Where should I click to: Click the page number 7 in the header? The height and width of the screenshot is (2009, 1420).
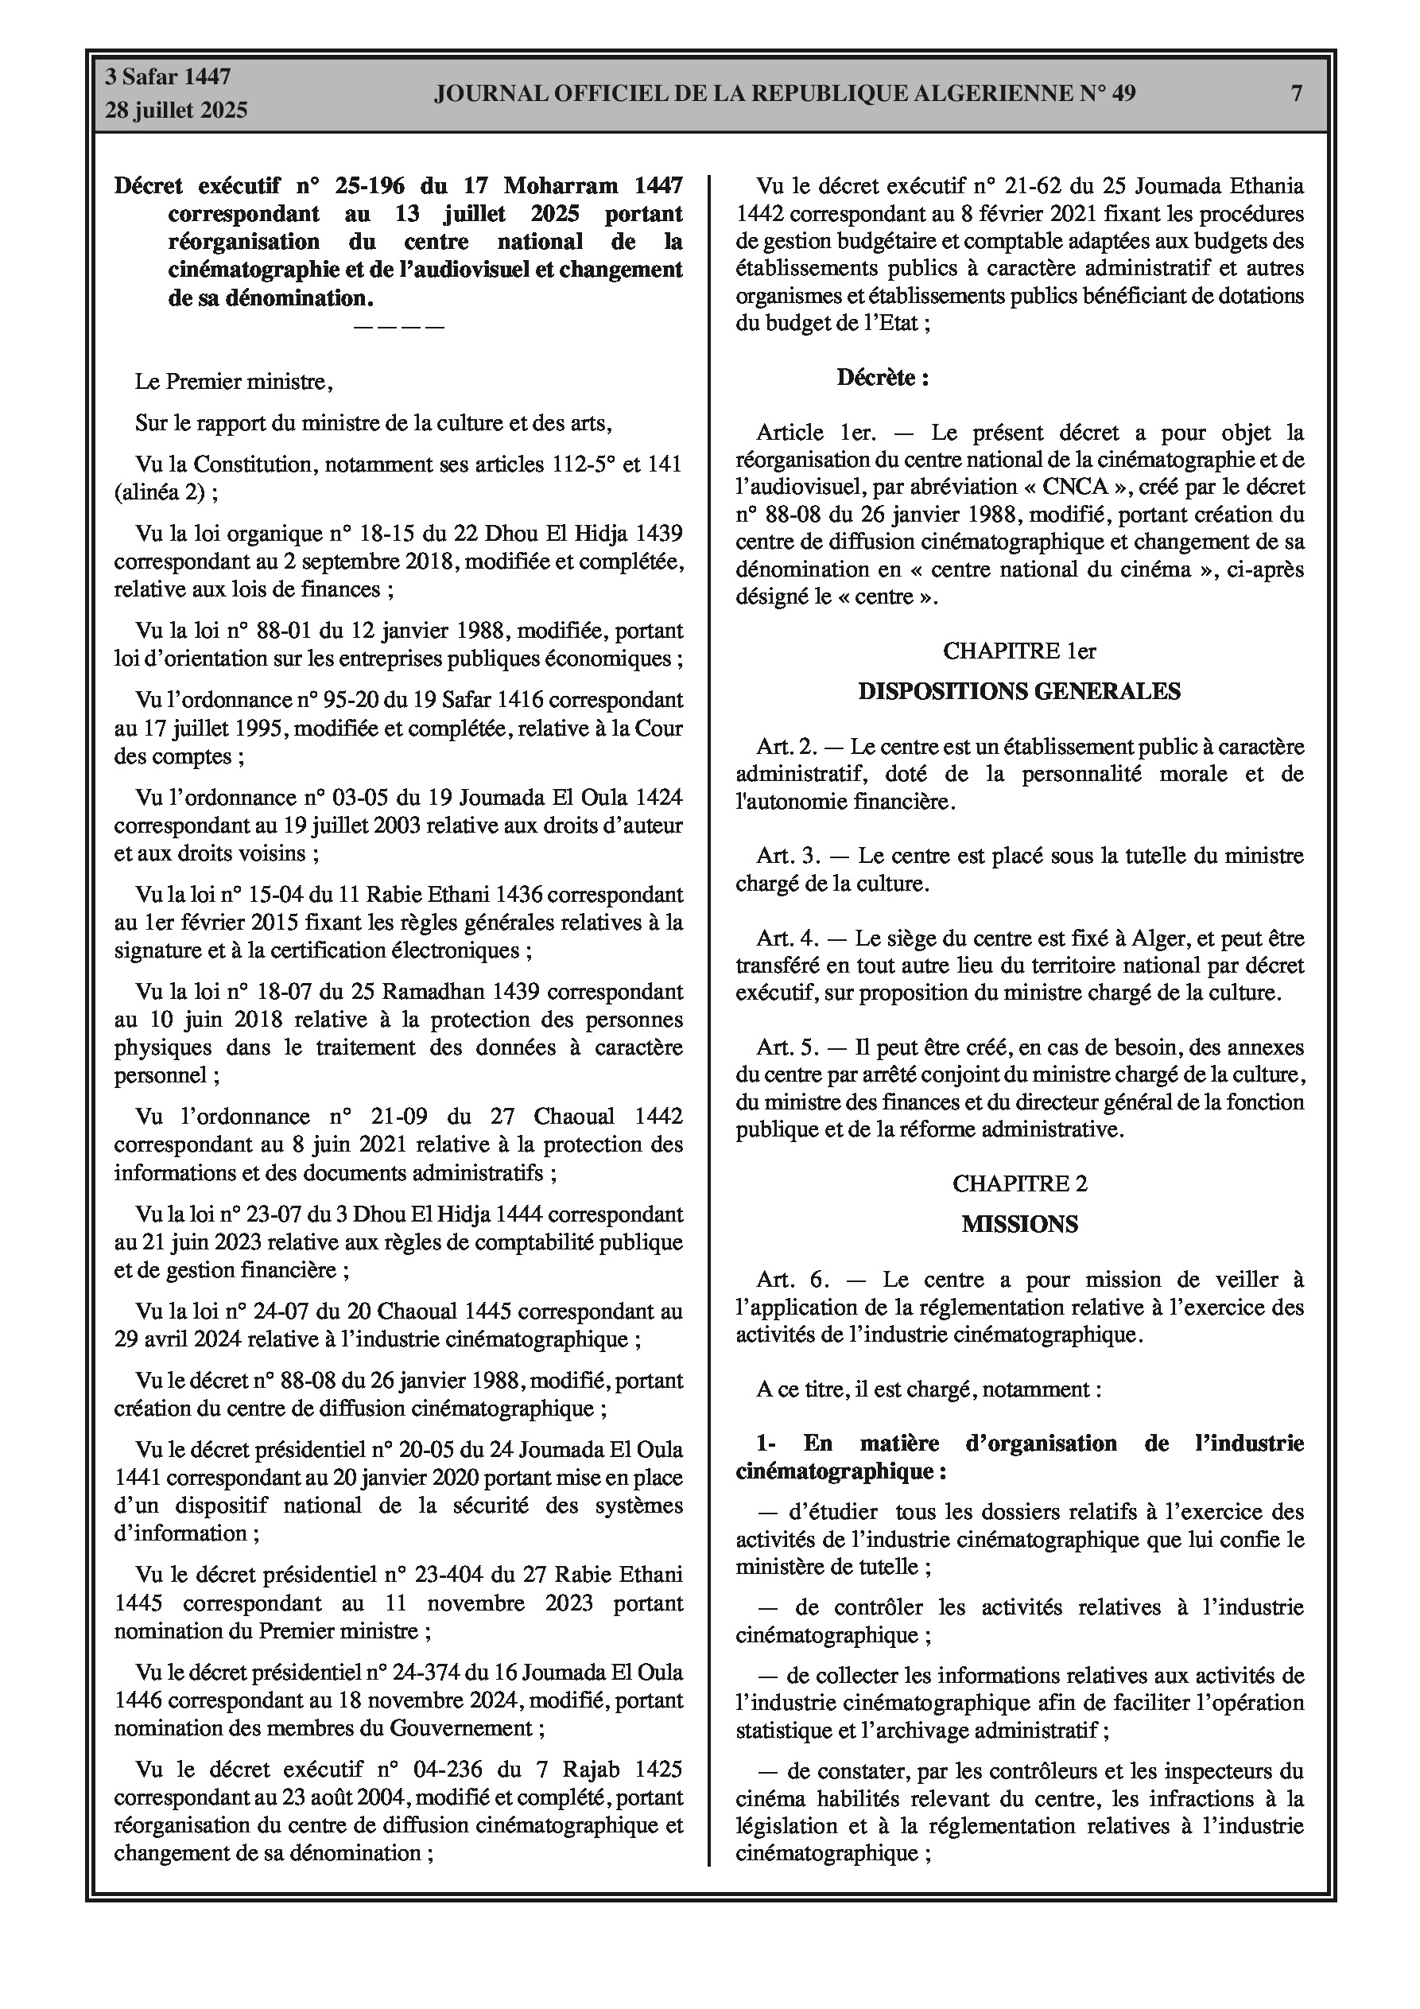pos(1296,94)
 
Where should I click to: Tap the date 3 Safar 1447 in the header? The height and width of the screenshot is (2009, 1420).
pos(168,77)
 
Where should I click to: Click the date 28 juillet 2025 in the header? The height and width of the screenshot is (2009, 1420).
pos(177,111)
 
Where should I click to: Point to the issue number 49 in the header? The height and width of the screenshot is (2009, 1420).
pos(1123,94)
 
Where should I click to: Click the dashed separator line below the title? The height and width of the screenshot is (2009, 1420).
pos(399,327)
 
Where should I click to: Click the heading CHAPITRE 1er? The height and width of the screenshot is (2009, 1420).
pos(1019,651)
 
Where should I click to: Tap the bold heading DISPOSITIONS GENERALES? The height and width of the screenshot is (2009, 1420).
pos(1019,692)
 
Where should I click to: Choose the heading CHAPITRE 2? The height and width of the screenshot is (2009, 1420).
pos(1019,1184)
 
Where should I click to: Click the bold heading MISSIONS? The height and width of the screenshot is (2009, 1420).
pos(1019,1225)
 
